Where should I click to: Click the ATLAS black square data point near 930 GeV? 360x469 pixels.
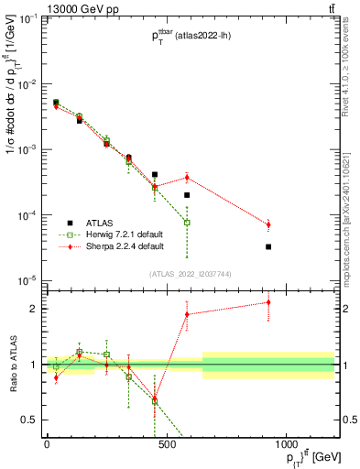[x=268, y=246]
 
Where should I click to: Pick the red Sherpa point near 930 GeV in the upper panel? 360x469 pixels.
[x=268, y=224]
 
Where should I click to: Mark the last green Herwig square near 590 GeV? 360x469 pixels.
[x=187, y=223]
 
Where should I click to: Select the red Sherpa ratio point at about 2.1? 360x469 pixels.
[x=268, y=302]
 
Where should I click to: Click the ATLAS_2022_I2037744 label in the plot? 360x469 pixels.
[x=191, y=274]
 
